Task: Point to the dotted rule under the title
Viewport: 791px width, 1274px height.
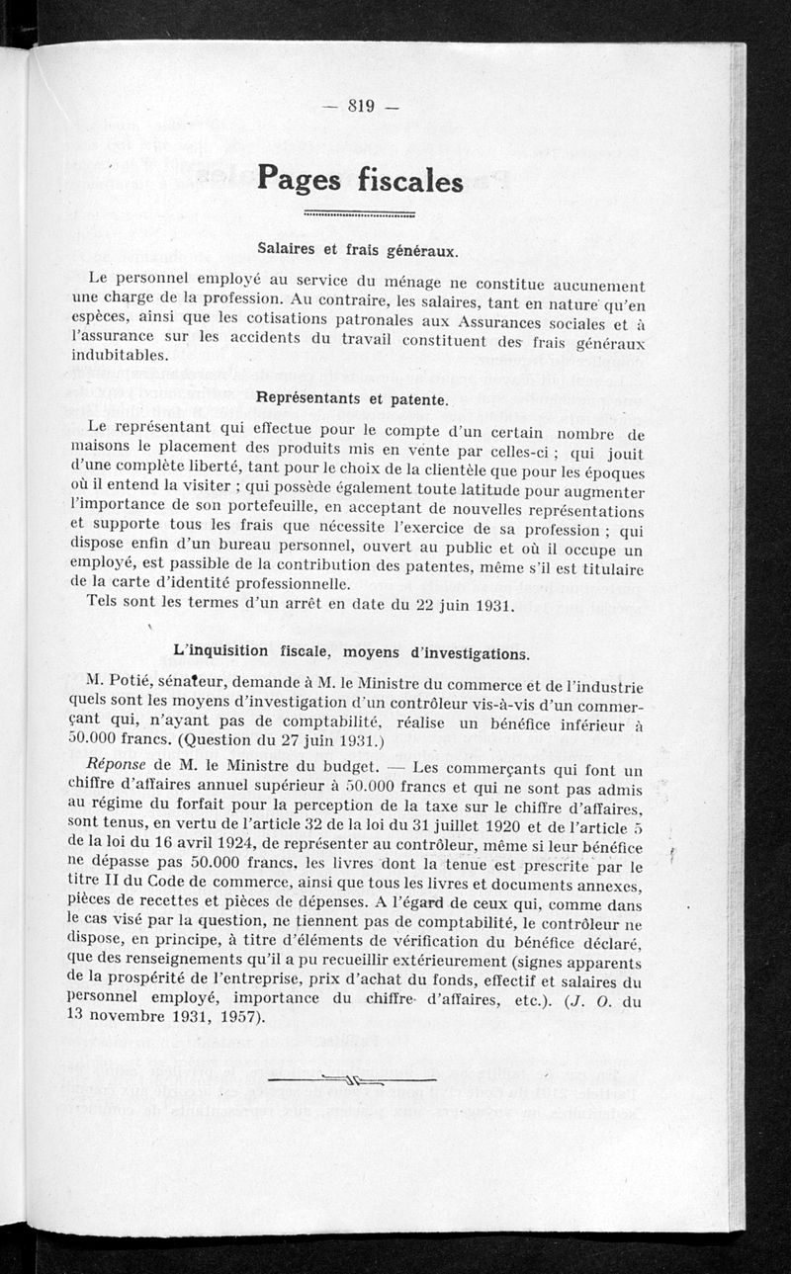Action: point(360,212)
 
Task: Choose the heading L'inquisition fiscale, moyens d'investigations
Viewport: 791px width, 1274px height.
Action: point(350,651)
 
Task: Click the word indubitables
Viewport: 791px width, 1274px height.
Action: point(120,356)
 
